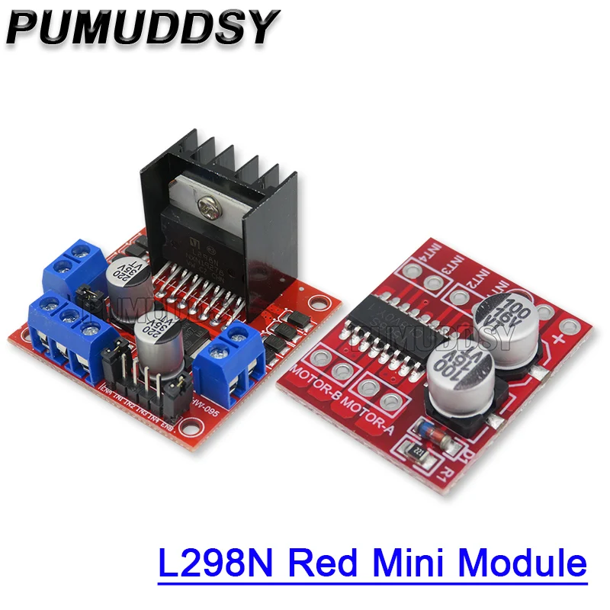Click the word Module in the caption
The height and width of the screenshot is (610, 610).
point(526,564)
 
